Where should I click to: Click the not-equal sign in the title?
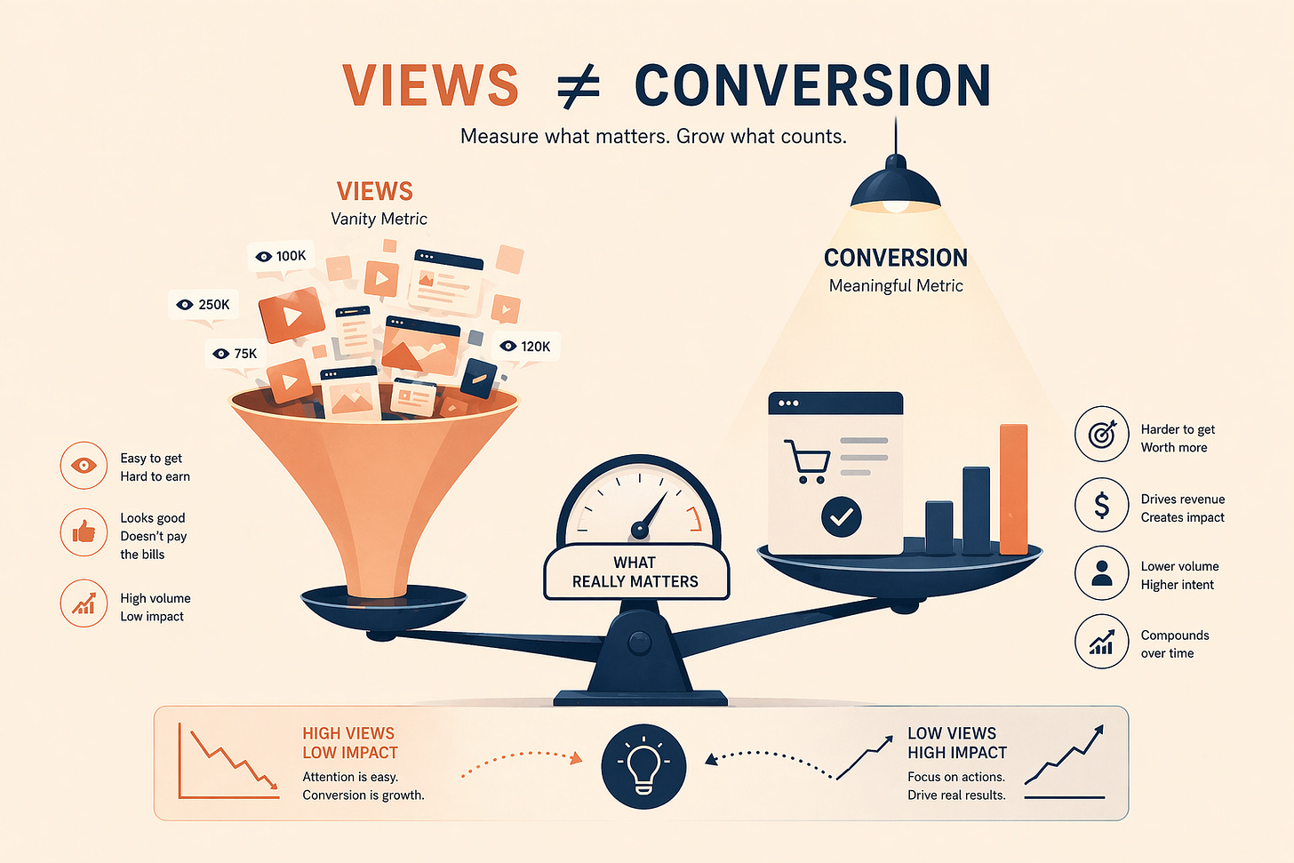(579, 87)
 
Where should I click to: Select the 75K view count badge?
(236, 354)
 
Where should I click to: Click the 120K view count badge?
(525, 347)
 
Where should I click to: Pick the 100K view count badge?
(281, 256)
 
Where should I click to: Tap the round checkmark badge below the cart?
(841, 516)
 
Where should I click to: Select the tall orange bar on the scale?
(1013, 489)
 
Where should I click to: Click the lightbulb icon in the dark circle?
(643, 766)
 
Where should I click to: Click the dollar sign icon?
(1101, 505)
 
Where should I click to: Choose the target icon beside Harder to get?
(1101, 435)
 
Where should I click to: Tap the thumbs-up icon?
(84, 532)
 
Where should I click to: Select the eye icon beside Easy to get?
(84, 465)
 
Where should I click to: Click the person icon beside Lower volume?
(1101, 573)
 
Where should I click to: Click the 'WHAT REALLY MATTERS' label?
(635, 572)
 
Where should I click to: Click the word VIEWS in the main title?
(430, 85)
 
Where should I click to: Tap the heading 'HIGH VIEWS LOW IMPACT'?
(349, 743)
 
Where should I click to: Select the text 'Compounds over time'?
(1174, 644)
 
